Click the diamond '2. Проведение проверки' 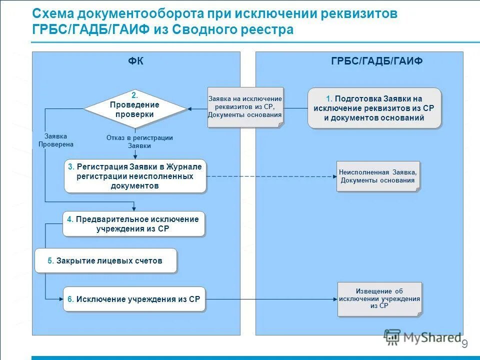[134, 108]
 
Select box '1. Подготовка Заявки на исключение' [374, 108]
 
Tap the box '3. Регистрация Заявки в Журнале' [135, 176]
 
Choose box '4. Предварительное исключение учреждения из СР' [133, 224]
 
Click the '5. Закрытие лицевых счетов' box [105, 260]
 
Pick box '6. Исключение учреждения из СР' [134, 299]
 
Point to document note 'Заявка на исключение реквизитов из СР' [245, 107]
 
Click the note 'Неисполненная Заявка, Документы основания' [377, 176]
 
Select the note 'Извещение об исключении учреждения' [379, 298]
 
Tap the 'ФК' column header [135, 61]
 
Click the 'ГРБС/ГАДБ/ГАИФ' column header [376, 61]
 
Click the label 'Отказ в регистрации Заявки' [139, 141]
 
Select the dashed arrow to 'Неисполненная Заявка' [270, 176]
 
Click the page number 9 [464, 344]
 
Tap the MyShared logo [422, 338]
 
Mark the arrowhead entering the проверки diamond [190, 108]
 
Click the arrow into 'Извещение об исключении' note [270, 299]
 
